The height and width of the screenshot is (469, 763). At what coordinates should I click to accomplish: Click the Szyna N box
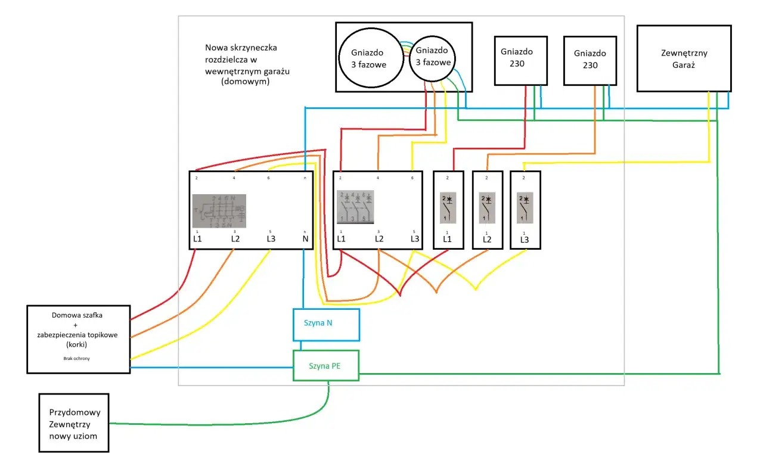pos(326,324)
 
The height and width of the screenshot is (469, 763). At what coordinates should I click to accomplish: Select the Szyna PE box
pos(326,365)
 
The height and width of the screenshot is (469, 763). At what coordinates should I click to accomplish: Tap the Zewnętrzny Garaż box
pos(684,58)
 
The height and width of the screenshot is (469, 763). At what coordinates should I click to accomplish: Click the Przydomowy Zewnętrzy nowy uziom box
pos(74,424)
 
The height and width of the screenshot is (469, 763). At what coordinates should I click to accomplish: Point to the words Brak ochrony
pos(78,359)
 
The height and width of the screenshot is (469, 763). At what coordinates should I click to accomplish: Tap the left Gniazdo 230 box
pos(520,61)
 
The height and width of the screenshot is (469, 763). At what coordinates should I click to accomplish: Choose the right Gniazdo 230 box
pos(590,60)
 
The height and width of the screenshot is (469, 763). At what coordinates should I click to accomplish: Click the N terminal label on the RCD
pos(305,239)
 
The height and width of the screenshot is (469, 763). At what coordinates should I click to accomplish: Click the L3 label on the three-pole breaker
pos(415,239)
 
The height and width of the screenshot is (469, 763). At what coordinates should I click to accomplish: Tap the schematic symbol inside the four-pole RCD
pos(219,211)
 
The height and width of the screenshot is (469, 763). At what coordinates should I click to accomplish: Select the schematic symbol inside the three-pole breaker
pos(355,206)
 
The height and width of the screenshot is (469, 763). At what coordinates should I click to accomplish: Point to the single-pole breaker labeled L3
pos(525,210)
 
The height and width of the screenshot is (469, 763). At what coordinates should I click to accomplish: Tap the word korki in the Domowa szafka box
pos(78,344)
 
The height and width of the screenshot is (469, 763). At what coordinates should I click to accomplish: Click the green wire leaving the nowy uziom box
pos(209,424)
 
